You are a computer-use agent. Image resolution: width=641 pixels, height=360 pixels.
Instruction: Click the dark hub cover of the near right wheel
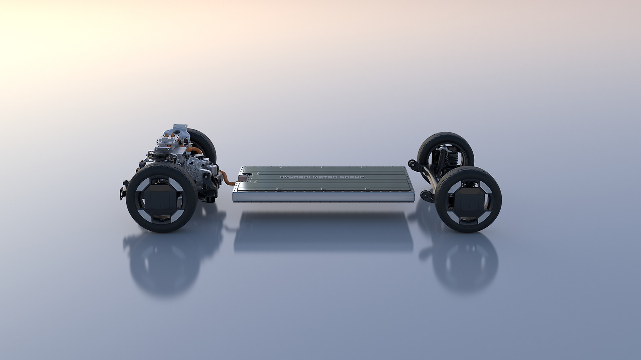468,199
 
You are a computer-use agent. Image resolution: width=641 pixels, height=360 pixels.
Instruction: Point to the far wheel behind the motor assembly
202,145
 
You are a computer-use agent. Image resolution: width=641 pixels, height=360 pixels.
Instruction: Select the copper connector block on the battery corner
242,178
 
